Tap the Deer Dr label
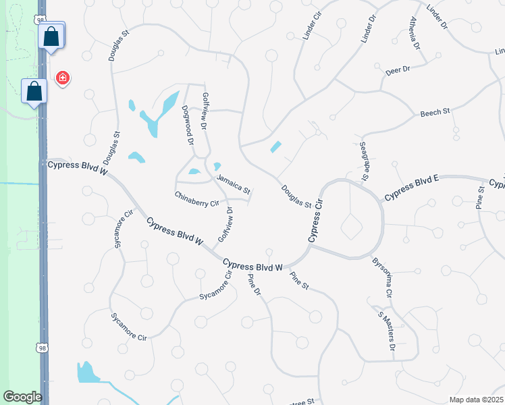[398, 70]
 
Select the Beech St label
[435, 113]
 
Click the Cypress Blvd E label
[412, 188]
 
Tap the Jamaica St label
[234, 182]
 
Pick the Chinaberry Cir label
[197, 198]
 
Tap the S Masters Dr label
[386, 329]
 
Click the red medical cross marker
[63, 78]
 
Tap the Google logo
[22, 397]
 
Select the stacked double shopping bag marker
[53, 36]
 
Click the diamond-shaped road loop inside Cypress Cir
[351, 226]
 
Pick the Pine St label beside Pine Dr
[298, 281]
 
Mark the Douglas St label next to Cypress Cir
[296, 197]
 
